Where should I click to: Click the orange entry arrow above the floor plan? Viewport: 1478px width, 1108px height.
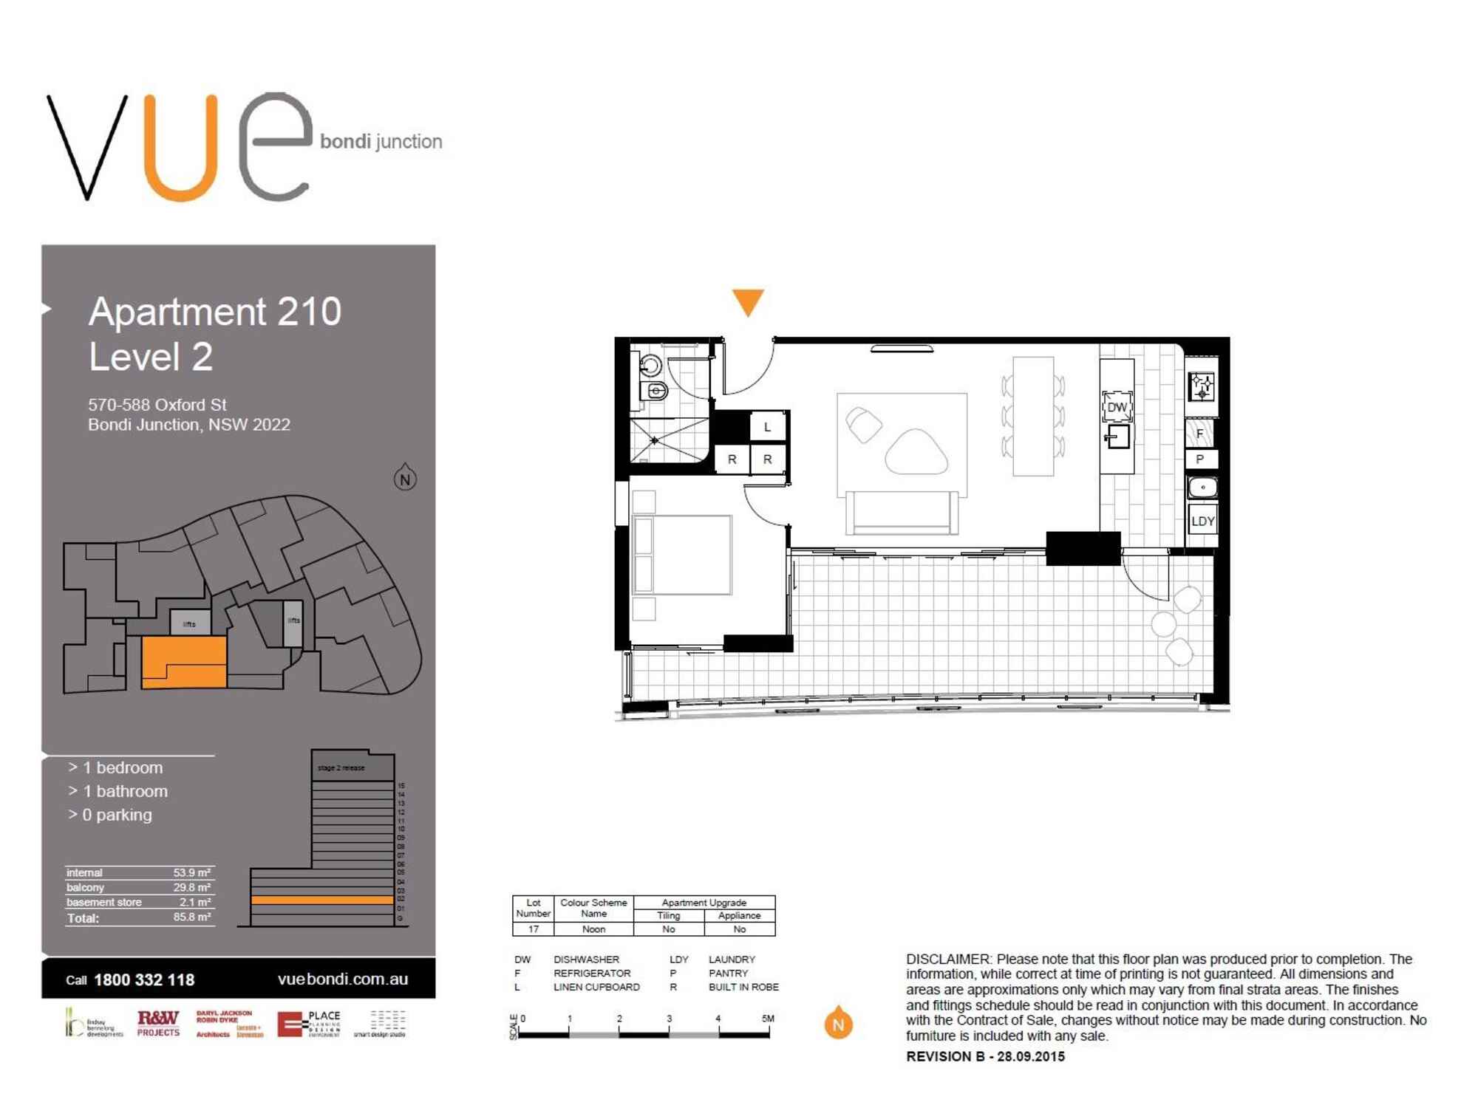[x=747, y=301]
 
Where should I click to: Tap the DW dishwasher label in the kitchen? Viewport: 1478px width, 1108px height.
[x=1117, y=407]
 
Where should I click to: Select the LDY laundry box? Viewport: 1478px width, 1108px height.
[x=1202, y=521]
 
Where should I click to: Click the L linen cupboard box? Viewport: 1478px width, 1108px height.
[x=767, y=427]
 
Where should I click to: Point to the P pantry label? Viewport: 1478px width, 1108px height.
[x=1200, y=459]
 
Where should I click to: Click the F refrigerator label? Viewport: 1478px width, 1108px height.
[x=1200, y=434]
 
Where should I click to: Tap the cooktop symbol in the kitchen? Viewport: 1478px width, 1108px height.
[x=1202, y=386]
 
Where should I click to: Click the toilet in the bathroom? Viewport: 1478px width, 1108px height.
[x=655, y=391]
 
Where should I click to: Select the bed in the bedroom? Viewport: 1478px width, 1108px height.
[x=682, y=555]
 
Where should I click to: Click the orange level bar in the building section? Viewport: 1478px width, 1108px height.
[x=322, y=900]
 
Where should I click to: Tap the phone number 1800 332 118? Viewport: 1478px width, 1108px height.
[x=144, y=979]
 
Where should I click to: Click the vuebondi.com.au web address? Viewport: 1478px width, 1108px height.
[x=343, y=979]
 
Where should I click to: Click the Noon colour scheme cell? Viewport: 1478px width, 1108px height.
[x=593, y=929]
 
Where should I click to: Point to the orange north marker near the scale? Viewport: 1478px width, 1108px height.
[x=838, y=1024]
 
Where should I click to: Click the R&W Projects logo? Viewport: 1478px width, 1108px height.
[x=158, y=1023]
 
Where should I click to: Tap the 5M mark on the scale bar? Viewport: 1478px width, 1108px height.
[x=768, y=1019]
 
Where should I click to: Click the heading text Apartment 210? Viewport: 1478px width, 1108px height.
[x=215, y=311]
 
